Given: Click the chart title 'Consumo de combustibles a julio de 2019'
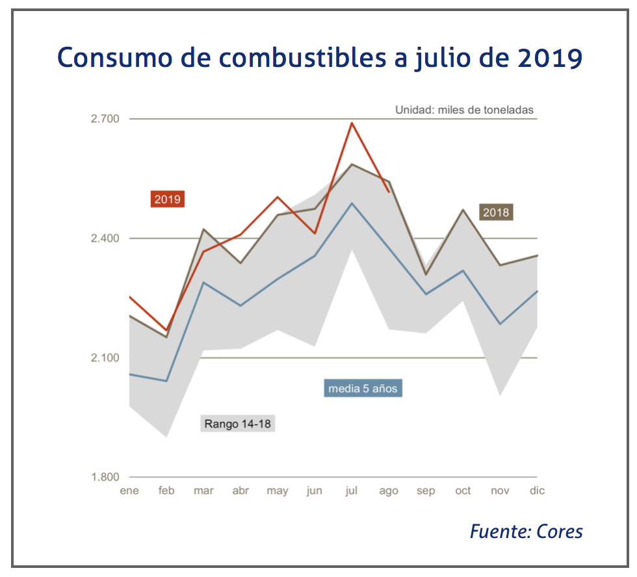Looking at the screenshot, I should point(319,58).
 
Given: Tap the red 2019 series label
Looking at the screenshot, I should point(168,199).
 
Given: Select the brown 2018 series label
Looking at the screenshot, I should point(496,212).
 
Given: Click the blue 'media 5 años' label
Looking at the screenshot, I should point(362,389).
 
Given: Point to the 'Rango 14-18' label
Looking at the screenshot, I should point(238,424).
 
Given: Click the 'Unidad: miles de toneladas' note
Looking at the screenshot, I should point(464,110).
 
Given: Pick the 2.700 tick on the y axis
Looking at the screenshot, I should point(105,119).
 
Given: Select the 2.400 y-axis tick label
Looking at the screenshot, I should point(105,238).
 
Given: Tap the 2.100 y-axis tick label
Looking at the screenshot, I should point(105,358).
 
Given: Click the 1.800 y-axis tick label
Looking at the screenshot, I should point(105,478).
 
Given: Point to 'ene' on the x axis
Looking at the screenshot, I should point(129,491).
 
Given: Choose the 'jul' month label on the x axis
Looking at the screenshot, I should point(352,491).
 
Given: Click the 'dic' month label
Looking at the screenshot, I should point(537,491).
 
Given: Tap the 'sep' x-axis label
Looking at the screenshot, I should point(426,491).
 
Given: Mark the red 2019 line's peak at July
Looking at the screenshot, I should point(352,122).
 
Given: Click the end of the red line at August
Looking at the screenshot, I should point(389,192).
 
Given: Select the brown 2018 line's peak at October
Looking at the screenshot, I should point(463,209).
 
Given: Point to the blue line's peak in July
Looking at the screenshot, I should point(352,203).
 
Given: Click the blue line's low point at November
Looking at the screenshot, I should point(500,324).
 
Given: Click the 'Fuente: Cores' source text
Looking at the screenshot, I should point(526,532).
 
